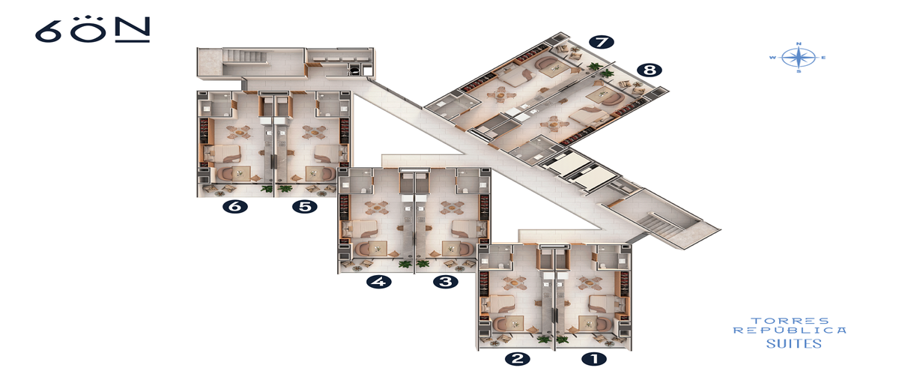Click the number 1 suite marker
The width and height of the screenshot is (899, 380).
(594, 359)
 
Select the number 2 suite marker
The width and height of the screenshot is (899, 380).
(518, 359)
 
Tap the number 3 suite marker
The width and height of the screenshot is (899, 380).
(446, 282)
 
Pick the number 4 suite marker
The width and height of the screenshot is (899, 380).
(379, 282)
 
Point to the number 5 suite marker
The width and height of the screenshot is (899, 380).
(305, 206)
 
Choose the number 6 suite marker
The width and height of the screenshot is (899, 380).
(235, 206)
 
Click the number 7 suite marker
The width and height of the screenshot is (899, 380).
(602, 42)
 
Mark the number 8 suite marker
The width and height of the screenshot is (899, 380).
(650, 70)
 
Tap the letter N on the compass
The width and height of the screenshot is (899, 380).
(799, 43)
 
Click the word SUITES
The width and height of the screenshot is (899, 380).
(793, 344)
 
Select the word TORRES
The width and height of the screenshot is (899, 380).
(790, 321)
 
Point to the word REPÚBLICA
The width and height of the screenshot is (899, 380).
(790, 331)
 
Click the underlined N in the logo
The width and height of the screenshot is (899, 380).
(133, 29)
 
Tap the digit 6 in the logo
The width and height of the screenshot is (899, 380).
(48, 31)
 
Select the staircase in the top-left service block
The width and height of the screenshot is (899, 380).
(245, 55)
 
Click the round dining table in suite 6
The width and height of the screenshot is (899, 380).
(239, 132)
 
